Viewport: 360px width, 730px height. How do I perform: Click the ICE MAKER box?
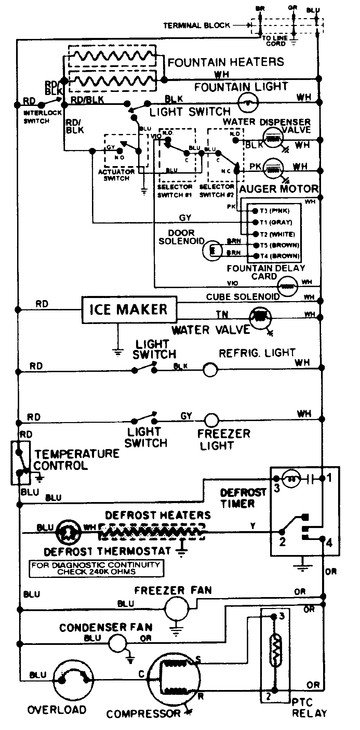[x=129, y=310]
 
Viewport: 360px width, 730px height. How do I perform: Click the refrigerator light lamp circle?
[x=210, y=370]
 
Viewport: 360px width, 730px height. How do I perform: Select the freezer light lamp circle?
[x=211, y=420]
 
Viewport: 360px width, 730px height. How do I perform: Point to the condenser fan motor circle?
[x=117, y=644]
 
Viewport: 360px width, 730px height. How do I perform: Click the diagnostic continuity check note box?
[x=96, y=568]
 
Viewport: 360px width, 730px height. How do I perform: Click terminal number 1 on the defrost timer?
[x=329, y=478]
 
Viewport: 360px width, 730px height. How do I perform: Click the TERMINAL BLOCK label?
[x=197, y=26]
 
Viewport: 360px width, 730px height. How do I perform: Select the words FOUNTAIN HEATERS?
[x=226, y=62]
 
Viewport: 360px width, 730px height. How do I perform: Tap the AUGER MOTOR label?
[x=279, y=189]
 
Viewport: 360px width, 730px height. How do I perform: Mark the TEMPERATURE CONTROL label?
[x=76, y=459]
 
